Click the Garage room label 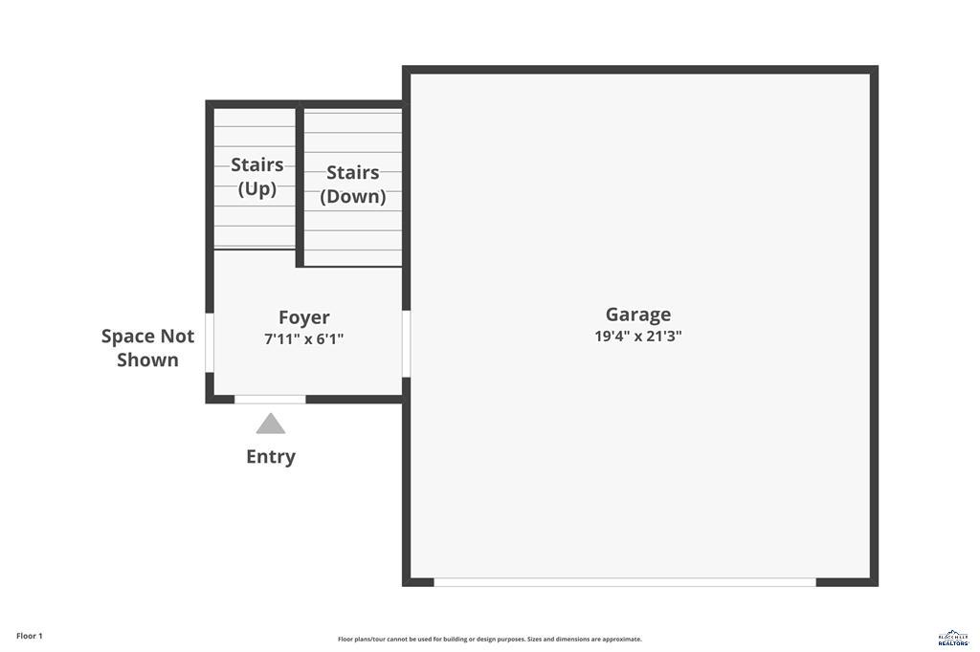pyautogui.click(x=637, y=315)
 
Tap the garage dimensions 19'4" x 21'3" pyautogui.click(x=637, y=337)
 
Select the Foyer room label pyautogui.click(x=304, y=317)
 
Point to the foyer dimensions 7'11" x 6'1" pyautogui.click(x=304, y=339)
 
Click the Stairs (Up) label pyautogui.click(x=257, y=177)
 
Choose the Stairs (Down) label pyautogui.click(x=353, y=185)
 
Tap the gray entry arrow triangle pyautogui.click(x=271, y=424)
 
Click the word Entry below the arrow pyautogui.click(x=271, y=457)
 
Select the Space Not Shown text pyautogui.click(x=148, y=348)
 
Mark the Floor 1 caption pyautogui.click(x=30, y=636)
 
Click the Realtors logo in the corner pyautogui.click(x=953, y=638)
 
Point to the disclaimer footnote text pyautogui.click(x=489, y=640)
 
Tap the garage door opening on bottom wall pyautogui.click(x=625, y=581)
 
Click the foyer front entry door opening pyautogui.click(x=270, y=399)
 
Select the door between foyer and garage pyautogui.click(x=406, y=343)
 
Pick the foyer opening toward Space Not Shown pyautogui.click(x=210, y=343)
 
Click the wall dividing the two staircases pyautogui.click(x=300, y=186)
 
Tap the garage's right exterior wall pyautogui.click(x=874, y=325)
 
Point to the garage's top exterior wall pyautogui.click(x=639, y=70)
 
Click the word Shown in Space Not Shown pyautogui.click(x=148, y=360)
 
